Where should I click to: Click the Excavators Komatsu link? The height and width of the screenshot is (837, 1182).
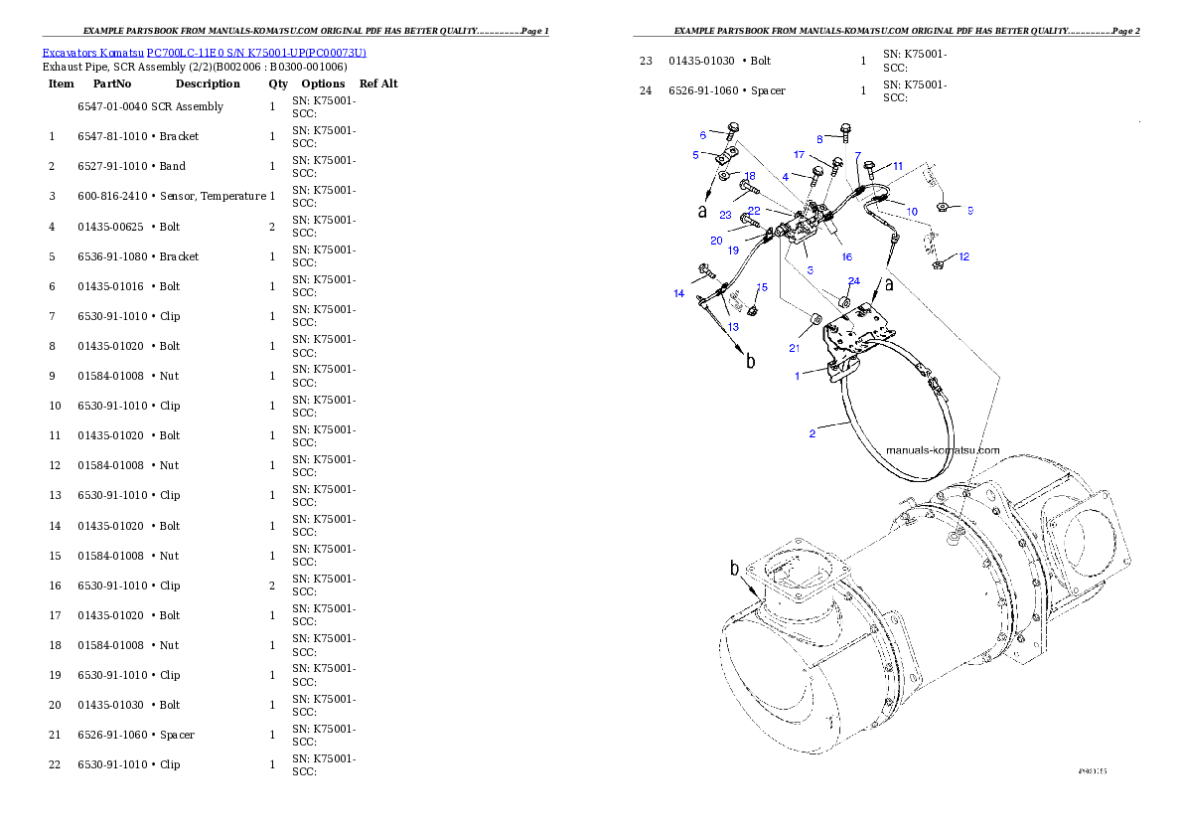coord(92,53)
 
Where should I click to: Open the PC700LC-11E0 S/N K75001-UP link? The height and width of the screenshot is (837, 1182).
coord(256,53)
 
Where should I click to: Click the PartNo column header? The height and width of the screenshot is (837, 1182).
coord(111,84)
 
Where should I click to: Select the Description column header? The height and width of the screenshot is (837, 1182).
coord(208,84)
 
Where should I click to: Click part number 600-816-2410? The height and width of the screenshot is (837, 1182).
coord(112,196)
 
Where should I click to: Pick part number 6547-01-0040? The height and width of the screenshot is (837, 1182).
coord(112,106)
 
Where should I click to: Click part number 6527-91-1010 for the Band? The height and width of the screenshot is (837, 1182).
coord(112,166)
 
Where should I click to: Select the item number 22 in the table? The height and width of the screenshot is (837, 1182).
coord(55,764)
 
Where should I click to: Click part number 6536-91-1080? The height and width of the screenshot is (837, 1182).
coord(112,256)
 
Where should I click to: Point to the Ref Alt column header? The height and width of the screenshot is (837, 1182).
coord(378,84)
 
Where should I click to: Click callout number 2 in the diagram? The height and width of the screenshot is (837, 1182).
coord(812,433)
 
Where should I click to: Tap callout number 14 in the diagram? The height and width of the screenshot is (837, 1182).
coord(678,293)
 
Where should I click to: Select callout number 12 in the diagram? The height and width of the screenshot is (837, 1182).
coord(964,256)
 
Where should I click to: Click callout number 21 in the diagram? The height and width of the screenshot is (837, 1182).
coord(794,348)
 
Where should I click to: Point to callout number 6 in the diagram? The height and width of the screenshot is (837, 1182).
coord(702,135)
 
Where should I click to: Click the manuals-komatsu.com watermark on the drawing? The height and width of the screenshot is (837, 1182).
coord(943,450)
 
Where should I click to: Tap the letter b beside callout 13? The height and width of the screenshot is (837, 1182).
coord(750,362)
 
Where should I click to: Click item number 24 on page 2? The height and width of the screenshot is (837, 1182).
coord(646,90)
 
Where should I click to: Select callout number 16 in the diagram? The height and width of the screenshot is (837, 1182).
coord(846,256)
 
